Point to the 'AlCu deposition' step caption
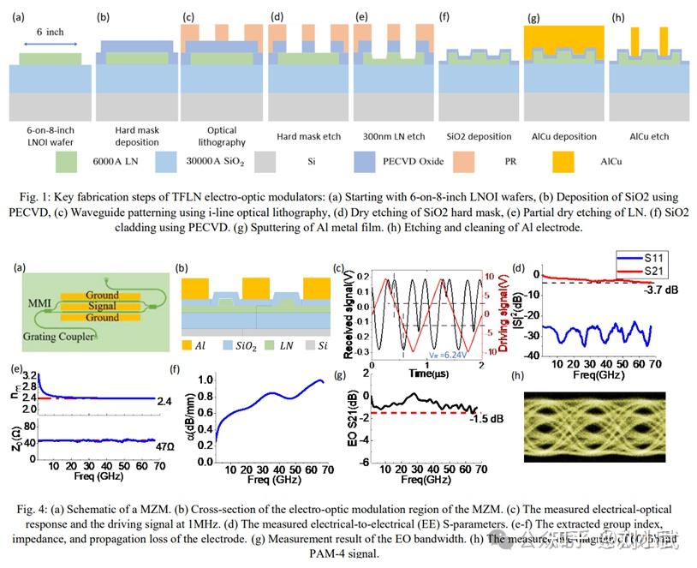click(563, 135)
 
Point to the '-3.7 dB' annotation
click(664, 290)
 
